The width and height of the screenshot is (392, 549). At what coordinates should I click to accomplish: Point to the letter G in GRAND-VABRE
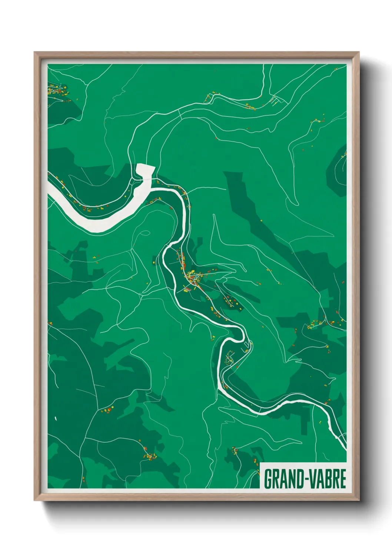click(268, 479)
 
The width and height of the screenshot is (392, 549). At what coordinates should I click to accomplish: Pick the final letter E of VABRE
click(343, 479)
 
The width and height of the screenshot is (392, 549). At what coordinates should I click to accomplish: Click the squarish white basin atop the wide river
click(145, 170)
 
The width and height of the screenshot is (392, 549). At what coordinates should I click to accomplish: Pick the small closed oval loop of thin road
click(146, 233)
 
